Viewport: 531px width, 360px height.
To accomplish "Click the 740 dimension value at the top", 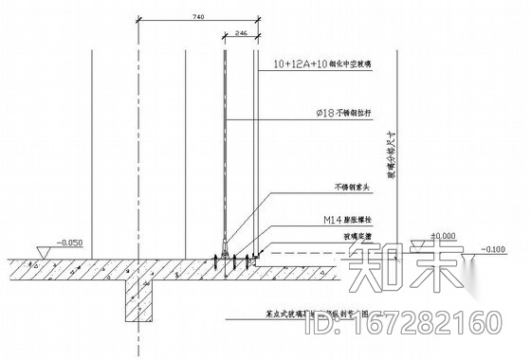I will (196, 17).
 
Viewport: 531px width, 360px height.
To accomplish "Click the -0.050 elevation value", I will (68, 243).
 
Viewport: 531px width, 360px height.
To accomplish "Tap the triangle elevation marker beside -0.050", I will (41, 251).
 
